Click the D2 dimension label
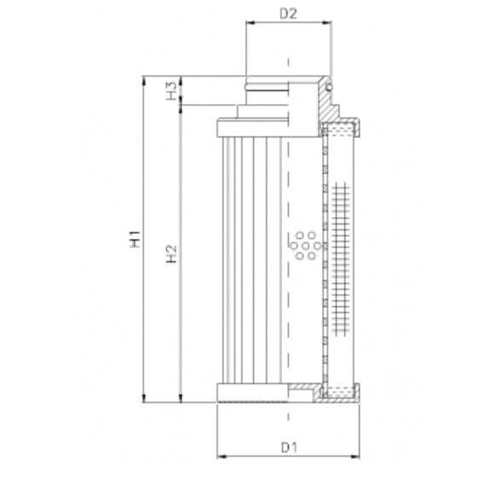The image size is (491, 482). (x=288, y=13)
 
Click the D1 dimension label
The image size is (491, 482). (x=288, y=445)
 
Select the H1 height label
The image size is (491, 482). (x=135, y=239)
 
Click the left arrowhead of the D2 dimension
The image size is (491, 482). (x=250, y=26)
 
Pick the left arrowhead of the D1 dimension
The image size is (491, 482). (x=222, y=456)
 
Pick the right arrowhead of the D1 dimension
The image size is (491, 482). (x=356, y=456)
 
